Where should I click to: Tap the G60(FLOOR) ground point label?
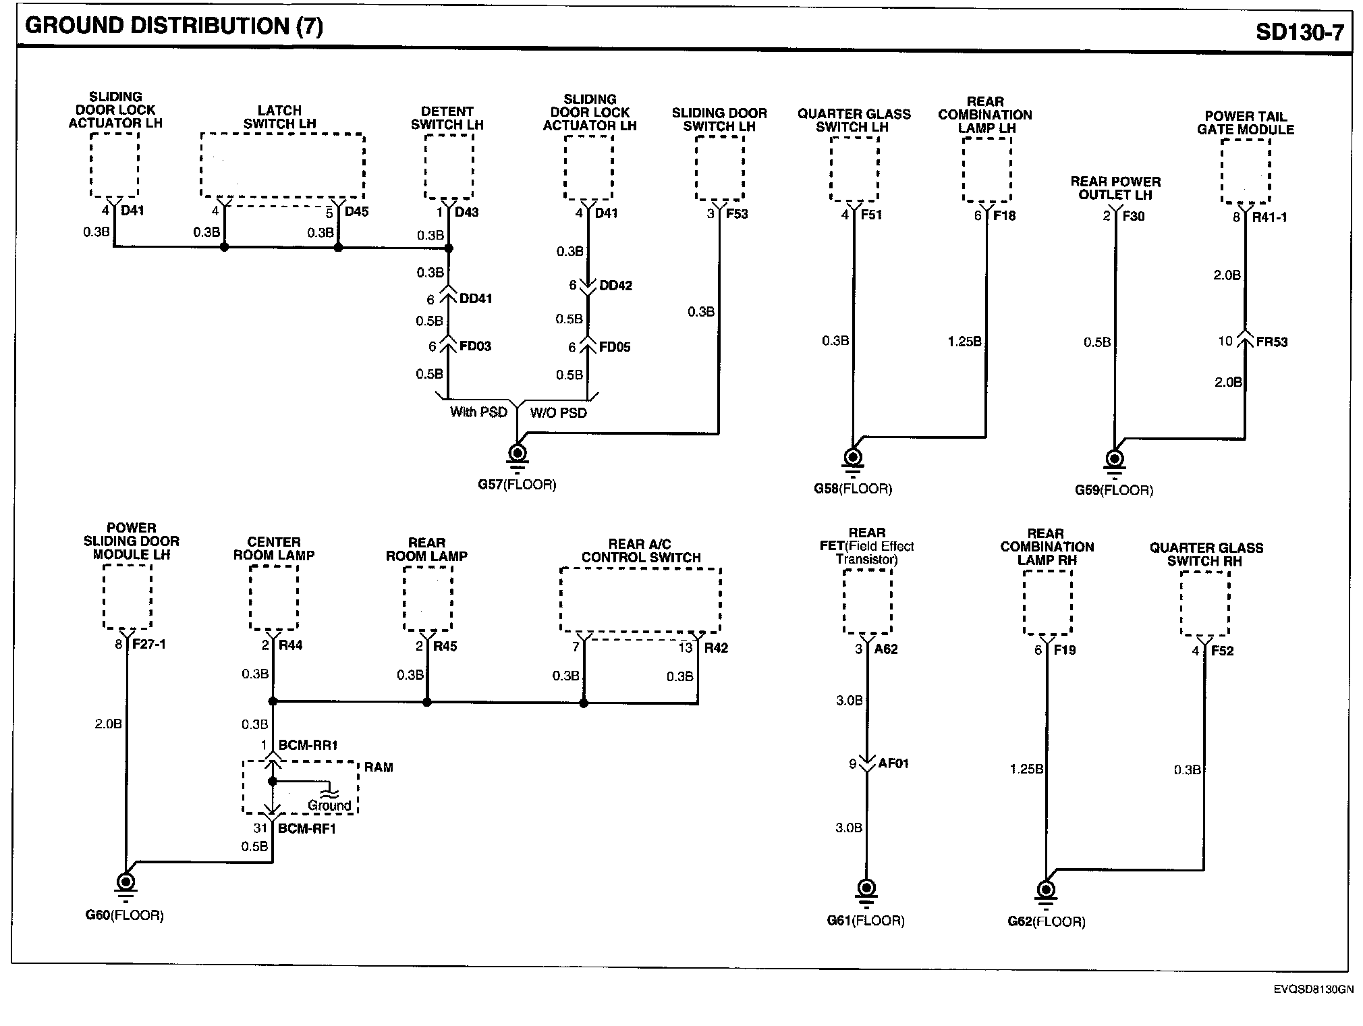[125, 915]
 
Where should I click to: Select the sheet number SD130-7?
[1300, 32]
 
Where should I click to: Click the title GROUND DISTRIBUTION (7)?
[173, 26]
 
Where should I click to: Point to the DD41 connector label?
[476, 298]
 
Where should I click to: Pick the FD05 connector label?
[615, 347]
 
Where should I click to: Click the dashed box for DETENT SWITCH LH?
[449, 167]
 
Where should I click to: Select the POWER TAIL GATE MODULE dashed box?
[1246, 171]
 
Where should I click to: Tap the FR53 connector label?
[1272, 342]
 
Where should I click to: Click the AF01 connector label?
[893, 763]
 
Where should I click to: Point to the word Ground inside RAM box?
[329, 805]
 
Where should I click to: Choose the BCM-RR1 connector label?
[308, 745]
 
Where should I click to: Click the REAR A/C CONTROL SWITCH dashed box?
[640, 600]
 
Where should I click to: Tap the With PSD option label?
[478, 412]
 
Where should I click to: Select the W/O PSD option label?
[558, 412]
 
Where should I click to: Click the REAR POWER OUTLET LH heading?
[1115, 188]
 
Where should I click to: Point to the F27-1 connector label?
[149, 644]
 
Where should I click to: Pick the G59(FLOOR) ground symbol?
[1115, 460]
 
